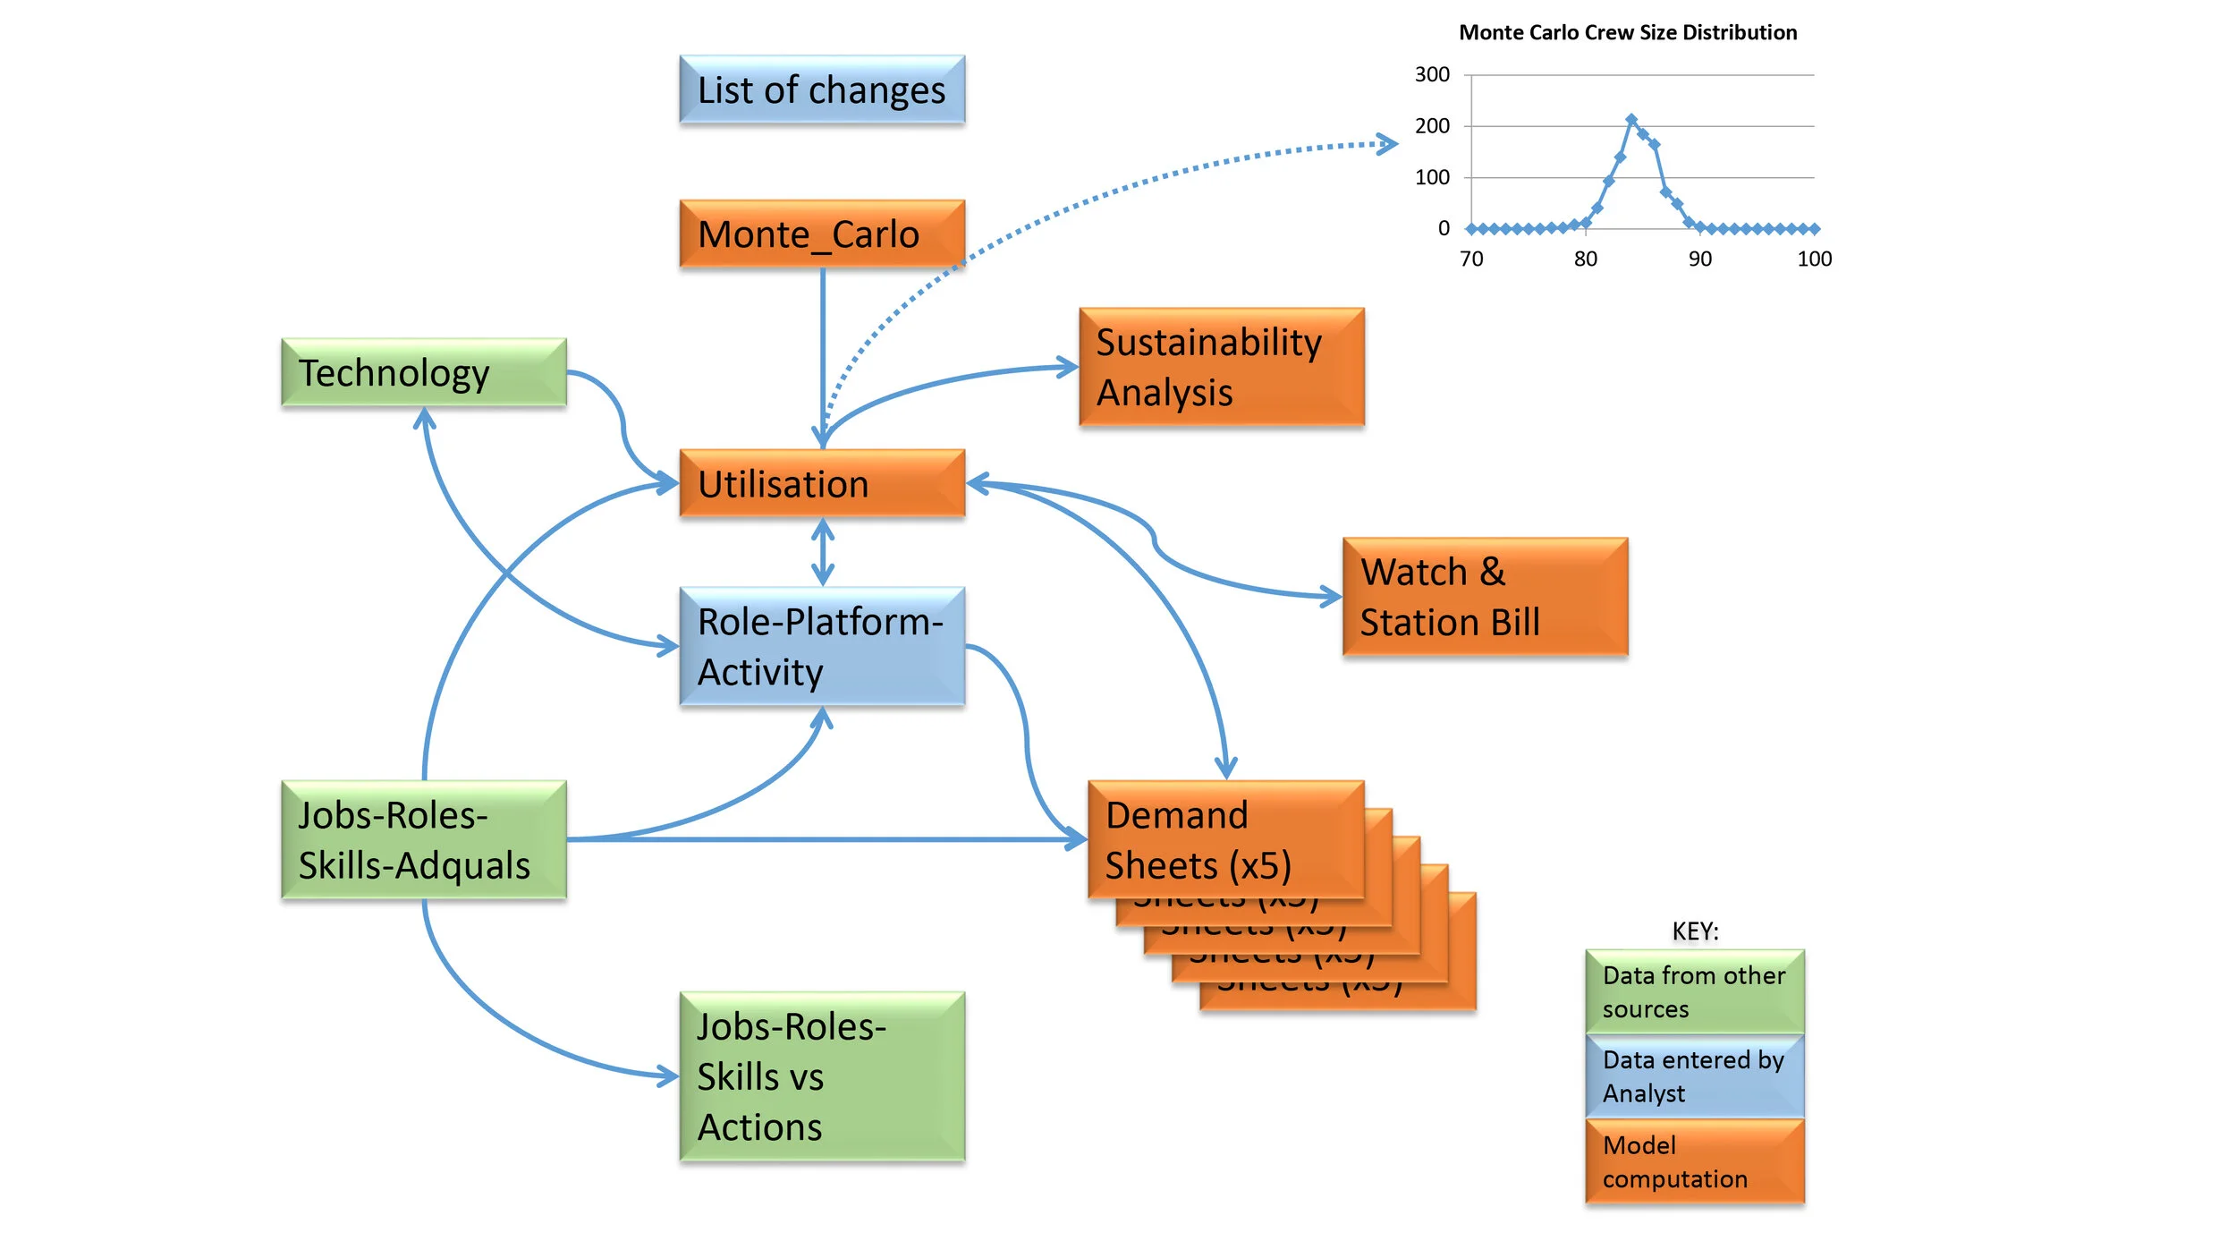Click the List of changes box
point(821,89)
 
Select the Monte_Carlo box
point(821,234)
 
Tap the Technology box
point(423,372)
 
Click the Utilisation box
point(821,483)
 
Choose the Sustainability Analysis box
point(1221,367)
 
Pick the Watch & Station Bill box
point(1484,597)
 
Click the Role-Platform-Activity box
point(821,646)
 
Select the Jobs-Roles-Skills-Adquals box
point(423,839)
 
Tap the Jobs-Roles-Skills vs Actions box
point(821,1076)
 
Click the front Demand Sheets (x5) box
point(1224,839)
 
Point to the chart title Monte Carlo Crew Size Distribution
point(1627,33)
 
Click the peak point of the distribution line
point(1630,119)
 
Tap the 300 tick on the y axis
point(1431,74)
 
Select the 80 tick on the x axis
point(1585,259)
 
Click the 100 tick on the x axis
point(1814,259)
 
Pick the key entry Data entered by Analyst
point(1694,1076)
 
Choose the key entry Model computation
point(1694,1161)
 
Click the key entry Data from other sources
point(1694,991)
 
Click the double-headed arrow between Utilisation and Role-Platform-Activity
point(822,552)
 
